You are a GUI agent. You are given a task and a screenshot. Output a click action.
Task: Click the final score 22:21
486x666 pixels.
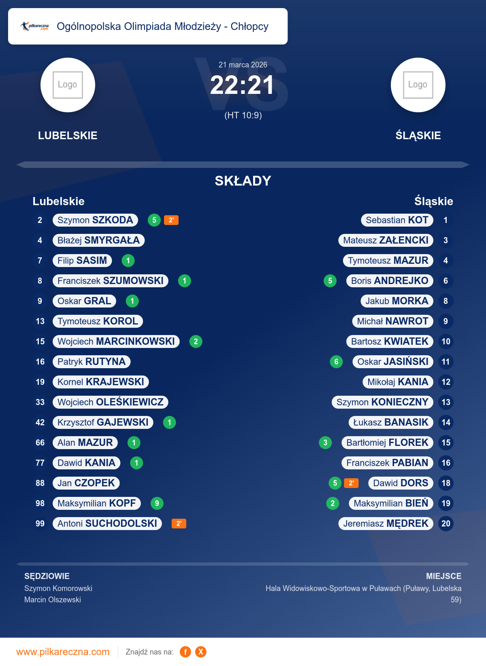coord(242,85)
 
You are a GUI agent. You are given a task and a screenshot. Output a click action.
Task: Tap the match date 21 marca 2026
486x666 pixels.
coord(243,65)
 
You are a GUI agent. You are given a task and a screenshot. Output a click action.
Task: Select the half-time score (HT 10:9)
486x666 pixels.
coord(243,115)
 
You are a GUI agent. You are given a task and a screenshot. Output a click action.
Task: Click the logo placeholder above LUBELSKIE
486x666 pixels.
coord(68,85)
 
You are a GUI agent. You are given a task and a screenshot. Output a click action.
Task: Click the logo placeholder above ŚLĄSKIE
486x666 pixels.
coord(418,85)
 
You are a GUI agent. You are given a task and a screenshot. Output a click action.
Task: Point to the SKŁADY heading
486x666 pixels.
coord(243,181)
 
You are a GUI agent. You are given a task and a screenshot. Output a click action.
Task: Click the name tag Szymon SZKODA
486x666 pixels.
coord(95,220)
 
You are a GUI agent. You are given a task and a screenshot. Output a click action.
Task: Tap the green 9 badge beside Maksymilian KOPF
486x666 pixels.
coord(157,503)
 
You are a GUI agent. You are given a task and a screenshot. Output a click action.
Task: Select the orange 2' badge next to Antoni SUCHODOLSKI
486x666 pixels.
coord(179,524)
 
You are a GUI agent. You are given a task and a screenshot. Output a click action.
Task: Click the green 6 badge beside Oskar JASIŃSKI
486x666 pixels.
coord(336,362)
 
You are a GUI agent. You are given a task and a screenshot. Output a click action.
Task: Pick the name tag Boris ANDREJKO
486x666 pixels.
coord(390,281)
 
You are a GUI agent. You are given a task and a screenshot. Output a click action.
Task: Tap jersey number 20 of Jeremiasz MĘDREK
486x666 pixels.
coord(446,524)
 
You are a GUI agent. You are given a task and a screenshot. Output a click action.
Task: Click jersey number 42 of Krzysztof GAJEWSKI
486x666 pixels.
coord(40,422)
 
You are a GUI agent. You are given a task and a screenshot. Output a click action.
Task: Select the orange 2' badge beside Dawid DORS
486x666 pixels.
coord(351,483)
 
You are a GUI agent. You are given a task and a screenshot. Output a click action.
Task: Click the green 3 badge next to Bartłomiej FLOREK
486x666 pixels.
coord(325,443)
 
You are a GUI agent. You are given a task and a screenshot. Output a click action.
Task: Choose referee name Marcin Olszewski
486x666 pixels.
coord(53,600)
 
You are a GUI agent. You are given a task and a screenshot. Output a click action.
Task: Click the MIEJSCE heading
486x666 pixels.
coord(443,576)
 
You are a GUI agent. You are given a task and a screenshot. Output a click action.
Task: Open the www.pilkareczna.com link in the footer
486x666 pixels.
coord(63,652)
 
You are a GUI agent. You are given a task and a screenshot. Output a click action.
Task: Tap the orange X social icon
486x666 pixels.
coord(200,652)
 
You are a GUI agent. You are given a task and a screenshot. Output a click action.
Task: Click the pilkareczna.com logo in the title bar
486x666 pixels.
coord(35,26)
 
